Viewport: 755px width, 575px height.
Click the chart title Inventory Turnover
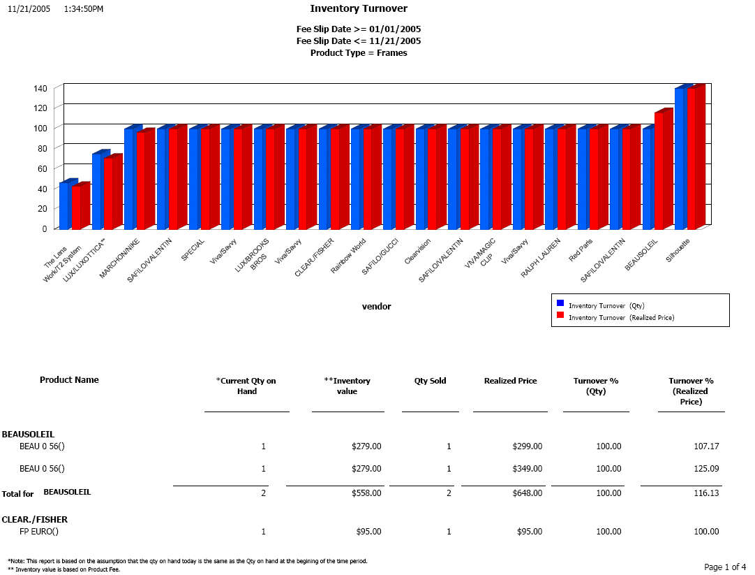359,9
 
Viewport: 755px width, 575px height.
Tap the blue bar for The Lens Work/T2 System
64,205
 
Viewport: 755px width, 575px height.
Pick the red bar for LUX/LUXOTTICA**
109,194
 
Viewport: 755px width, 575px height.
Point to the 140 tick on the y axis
40,88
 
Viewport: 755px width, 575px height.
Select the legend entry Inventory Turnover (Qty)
606,305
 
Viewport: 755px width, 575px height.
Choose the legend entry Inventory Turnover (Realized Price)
621,317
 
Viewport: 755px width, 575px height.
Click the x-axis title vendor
376,306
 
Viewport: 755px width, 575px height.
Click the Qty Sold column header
430,381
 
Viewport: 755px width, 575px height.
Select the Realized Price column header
510,381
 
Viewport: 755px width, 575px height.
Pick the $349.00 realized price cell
527,468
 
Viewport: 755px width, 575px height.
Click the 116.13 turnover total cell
705,493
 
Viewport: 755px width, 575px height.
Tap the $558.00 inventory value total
366,493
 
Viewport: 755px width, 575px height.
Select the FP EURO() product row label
39,532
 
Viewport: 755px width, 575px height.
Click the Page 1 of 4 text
725,567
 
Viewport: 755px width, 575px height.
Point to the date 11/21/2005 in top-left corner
29,9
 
